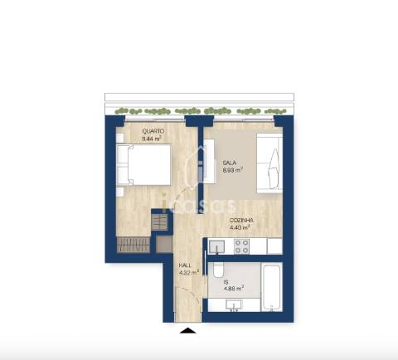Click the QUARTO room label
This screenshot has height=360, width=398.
[152, 131]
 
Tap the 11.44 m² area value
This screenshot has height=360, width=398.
[152, 139]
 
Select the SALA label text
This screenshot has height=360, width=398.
[230, 163]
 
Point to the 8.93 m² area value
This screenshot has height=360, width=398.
[232, 171]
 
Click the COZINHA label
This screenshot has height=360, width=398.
[242, 220]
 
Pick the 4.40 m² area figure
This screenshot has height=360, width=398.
[241, 227]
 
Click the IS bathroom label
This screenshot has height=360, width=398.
[225, 282]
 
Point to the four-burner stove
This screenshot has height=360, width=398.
[241, 246]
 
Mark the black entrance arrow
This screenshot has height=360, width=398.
[189, 331]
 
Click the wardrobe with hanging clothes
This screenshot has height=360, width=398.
[134, 245]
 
